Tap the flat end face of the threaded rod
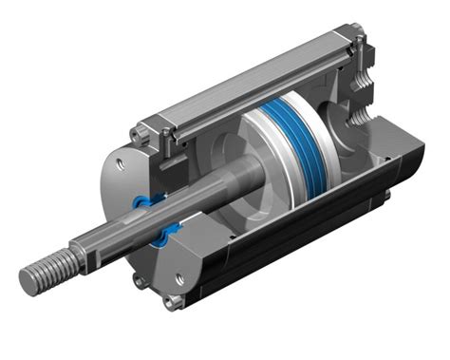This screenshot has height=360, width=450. click(27, 281)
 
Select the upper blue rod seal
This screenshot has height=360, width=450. click(144, 200)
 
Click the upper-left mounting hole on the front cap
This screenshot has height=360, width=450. click(118, 165)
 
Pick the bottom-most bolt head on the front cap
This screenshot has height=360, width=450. click(171, 303)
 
